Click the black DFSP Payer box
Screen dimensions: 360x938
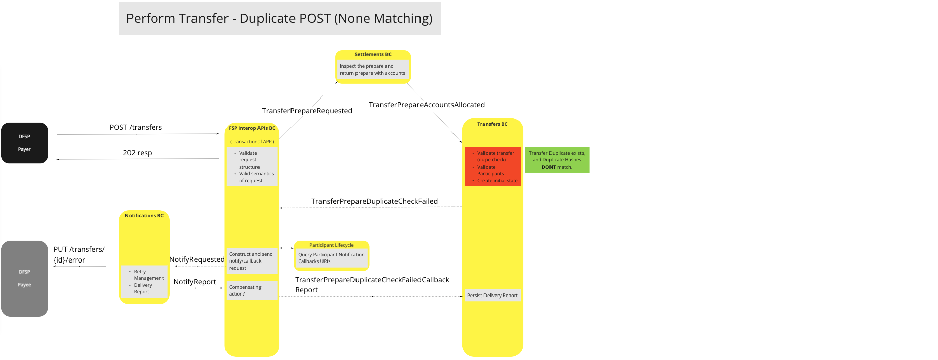coord(24,143)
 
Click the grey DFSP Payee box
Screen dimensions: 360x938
coord(24,278)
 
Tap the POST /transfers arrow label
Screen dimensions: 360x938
coord(136,127)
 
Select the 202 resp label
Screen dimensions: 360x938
coord(137,153)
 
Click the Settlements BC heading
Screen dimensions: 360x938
coord(373,54)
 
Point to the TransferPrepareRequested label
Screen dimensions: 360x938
coord(307,111)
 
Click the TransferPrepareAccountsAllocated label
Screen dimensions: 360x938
coord(427,105)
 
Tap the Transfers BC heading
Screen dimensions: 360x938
coord(492,124)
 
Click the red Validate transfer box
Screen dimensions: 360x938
coord(493,167)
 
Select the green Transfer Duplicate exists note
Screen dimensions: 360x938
coord(557,160)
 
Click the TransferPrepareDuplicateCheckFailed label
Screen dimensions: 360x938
coord(374,201)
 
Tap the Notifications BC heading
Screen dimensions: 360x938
coord(144,216)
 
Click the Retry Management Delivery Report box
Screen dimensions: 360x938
coord(145,281)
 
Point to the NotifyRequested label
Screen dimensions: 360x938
coord(197,259)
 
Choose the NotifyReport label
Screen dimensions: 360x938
coord(195,282)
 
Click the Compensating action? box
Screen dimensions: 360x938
coord(251,290)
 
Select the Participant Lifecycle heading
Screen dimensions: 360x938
coord(331,245)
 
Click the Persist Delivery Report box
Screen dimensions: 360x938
coord(492,295)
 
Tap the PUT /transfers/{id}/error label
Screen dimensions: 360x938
coord(79,254)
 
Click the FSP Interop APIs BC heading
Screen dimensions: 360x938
coord(252,128)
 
